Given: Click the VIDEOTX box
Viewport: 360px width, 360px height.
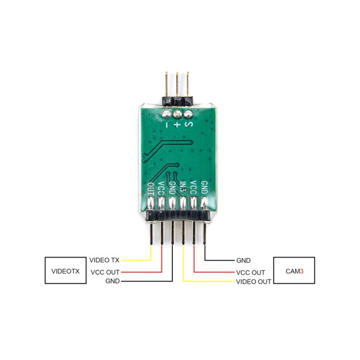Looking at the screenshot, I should (65, 270).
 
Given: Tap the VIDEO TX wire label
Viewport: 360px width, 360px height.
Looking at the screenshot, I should (104, 260).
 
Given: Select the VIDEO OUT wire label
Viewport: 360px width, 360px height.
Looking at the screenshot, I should (253, 282).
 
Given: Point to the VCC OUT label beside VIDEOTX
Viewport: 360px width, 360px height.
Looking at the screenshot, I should (105, 272).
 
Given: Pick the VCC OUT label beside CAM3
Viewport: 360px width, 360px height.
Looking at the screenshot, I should (251, 273).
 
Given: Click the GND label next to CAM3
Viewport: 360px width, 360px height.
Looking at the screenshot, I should (243, 260).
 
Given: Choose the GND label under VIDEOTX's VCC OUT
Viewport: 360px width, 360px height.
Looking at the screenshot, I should (112, 281).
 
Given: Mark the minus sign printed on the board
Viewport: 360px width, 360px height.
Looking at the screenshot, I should (166, 125).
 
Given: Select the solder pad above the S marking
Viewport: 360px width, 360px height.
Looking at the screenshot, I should (188, 115).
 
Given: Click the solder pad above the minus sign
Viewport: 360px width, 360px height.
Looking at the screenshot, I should (166, 115).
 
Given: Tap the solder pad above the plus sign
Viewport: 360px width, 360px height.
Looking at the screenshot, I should (177, 115).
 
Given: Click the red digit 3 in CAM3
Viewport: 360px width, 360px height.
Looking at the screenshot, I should (302, 271).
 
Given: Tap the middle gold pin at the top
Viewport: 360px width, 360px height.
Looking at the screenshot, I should (177, 85).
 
